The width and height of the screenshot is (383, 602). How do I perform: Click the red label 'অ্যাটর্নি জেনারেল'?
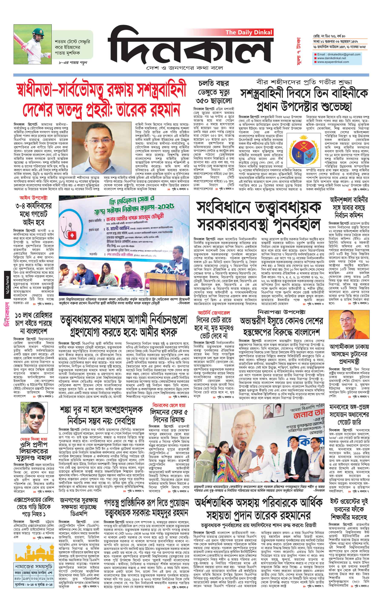(214, 313)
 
